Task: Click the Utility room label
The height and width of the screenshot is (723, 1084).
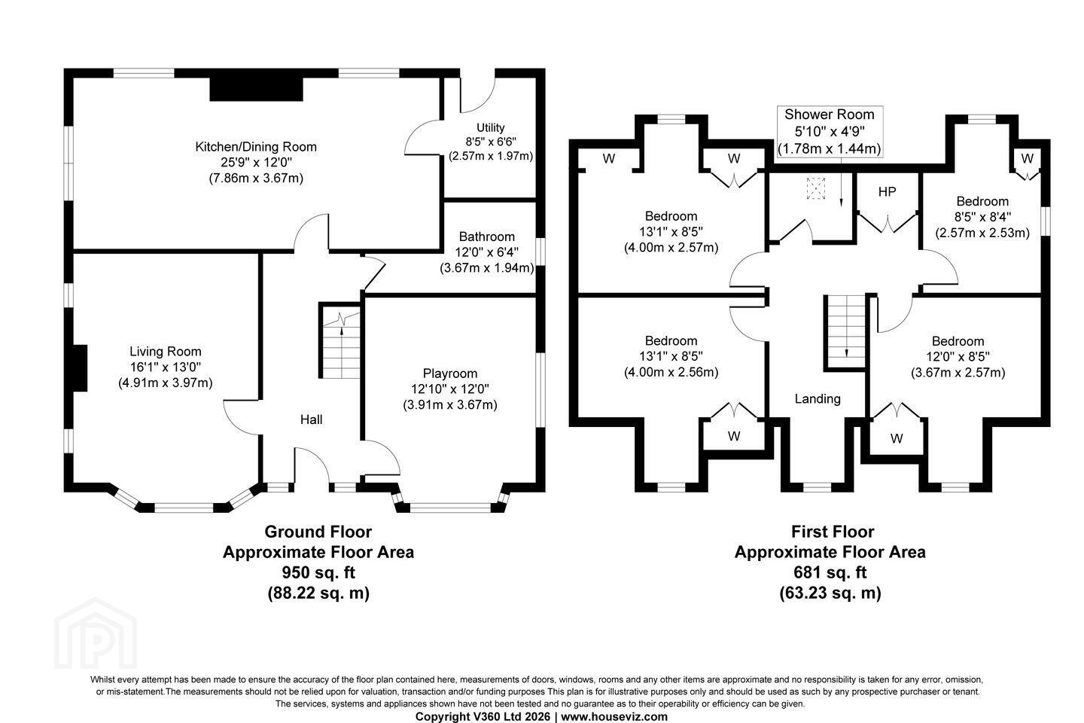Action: tap(491, 127)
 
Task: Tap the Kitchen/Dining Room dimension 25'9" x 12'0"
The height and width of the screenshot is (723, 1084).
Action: tap(256, 162)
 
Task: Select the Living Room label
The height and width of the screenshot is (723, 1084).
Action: tap(165, 351)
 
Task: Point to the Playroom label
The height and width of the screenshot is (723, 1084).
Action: tap(450, 374)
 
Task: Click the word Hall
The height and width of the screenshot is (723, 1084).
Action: tap(311, 419)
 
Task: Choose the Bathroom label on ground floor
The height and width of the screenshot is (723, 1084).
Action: tap(487, 236)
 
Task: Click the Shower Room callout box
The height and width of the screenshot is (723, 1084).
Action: tap(830, 131)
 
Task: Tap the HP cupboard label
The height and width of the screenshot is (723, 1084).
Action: tap(887, 192)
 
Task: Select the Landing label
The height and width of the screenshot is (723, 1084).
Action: tap(818, 398)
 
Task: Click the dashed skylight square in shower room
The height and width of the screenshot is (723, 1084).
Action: tap(815, 188)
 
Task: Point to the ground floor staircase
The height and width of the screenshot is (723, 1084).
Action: tap(341, 341)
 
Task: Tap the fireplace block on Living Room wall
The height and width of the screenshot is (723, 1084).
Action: tap(80, 368)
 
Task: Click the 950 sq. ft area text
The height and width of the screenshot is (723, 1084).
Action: tap(318, 572)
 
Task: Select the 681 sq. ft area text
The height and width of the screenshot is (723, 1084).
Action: tap(830, 572)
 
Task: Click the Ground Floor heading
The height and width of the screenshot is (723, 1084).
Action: tap(318, 532)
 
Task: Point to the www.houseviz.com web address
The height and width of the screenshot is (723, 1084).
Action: tap(614, 717)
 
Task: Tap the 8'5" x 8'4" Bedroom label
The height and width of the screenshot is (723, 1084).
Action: tap(982, 217)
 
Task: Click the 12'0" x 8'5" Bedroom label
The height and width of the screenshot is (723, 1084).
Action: tap(958, 357)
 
